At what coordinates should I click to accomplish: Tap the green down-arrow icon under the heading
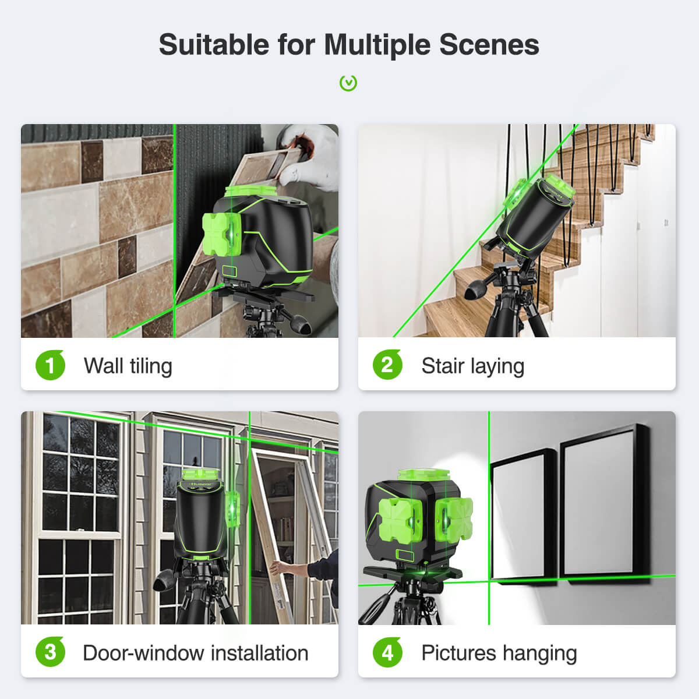[x=348, y=83]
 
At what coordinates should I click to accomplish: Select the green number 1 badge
[x=50, y=365]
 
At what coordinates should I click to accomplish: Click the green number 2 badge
[x=387, y=365]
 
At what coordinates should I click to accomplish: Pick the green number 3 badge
[x=50, y=652]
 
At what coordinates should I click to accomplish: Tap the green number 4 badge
[x=387, y=652]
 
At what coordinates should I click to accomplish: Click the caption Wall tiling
[x=128, y=366]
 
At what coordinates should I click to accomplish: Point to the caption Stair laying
[x=472, y=366]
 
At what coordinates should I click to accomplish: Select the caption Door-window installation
[x=195, y=653]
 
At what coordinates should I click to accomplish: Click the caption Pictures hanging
[x=499, y=653]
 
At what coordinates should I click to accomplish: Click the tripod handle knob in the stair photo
[x=474, y=289]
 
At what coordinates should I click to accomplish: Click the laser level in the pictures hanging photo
[x=416, y=521]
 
